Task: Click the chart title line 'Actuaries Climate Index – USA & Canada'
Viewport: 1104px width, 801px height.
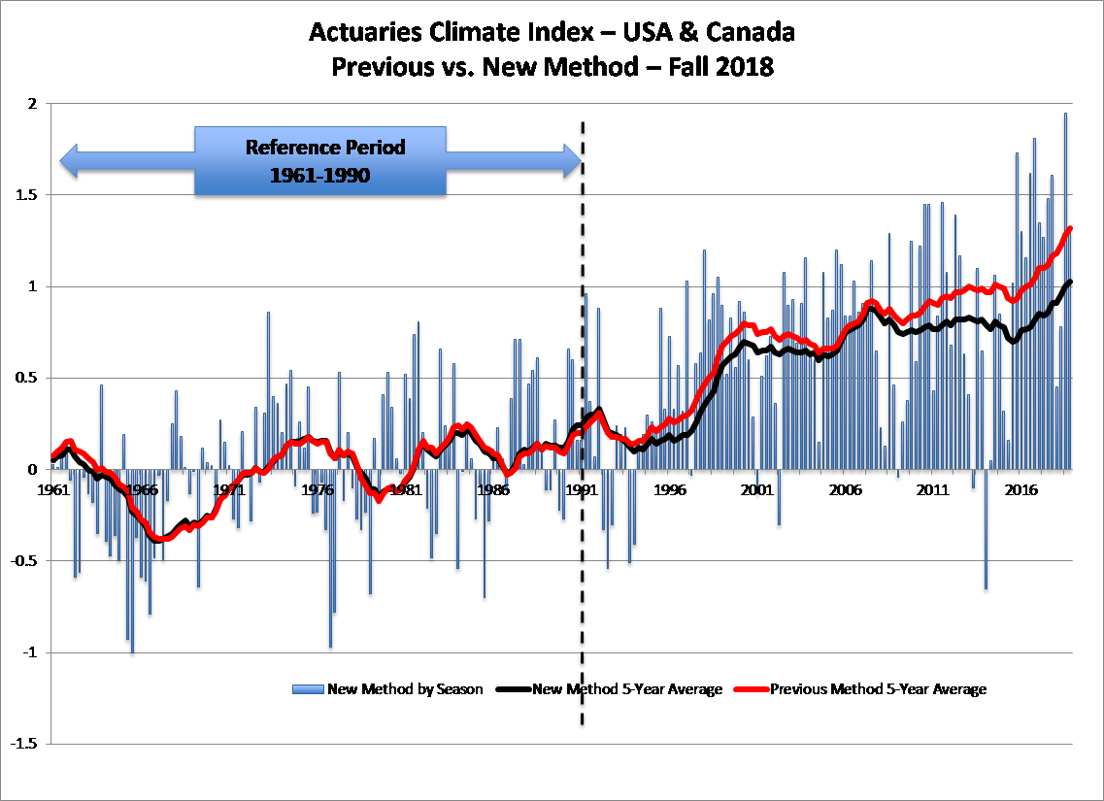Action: click(552, 32)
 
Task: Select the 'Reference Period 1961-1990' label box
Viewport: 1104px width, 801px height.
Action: click(321, 160)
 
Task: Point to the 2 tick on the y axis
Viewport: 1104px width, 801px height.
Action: click(31, 104)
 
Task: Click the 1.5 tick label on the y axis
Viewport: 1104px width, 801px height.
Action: click(27, 195)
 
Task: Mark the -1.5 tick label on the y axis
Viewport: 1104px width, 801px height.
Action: click(24, 744)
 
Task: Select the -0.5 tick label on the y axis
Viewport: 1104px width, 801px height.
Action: click(24, 561)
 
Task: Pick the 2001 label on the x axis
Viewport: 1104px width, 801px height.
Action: click(754, 489)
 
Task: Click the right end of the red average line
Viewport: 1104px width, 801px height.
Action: click(1070, 228)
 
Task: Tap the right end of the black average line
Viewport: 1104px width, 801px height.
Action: click(1070, 282)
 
